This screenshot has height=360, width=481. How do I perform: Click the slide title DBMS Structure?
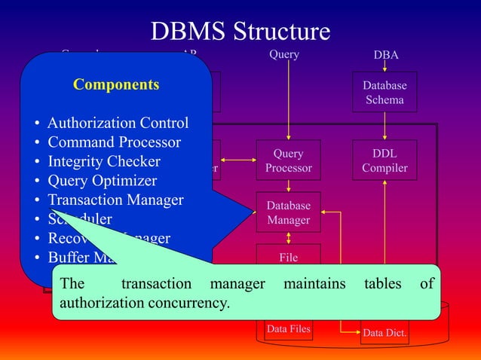coord(240,31)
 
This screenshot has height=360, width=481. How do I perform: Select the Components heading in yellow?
coord(116,85)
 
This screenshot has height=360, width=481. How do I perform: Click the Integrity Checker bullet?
coord(104,161)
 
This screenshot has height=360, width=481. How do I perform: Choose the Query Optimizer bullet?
coord(103,181)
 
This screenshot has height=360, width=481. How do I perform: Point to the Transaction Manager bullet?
coord(115,200)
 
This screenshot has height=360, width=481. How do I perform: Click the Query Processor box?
coord(288,160)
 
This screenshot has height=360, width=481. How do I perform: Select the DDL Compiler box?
coord(384,160)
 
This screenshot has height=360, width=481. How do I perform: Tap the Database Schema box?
coord(384,92)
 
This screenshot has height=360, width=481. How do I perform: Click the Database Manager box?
coord(288,212)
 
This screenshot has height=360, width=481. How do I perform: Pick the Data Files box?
coord(288,328)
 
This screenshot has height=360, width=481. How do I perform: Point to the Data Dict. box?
coord(384,332)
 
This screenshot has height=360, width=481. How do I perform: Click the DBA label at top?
coord(386,55)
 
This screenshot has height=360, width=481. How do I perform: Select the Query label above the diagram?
coord(284,54)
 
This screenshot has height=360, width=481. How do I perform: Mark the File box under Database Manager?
coord(288,256)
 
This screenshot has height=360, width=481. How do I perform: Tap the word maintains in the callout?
coord(314,284)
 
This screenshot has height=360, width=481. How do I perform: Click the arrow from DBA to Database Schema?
coord(385,66)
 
